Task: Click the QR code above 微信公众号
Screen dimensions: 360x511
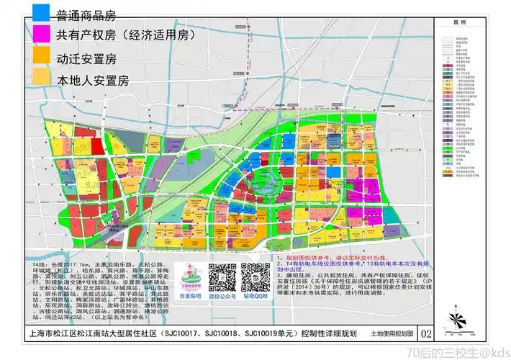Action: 223,276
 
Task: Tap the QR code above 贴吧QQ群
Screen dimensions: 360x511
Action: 256,276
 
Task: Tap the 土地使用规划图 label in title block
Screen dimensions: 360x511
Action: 392,334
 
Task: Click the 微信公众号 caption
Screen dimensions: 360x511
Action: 223,295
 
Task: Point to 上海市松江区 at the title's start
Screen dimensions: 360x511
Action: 49,333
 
